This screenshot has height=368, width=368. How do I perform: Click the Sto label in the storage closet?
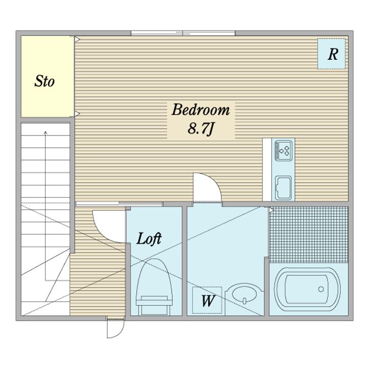tap(44, 81)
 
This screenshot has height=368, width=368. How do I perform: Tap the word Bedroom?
tap(201, 109)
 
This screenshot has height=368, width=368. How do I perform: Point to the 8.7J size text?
tap(201, 129)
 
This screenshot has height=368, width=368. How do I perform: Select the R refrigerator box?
tap(331, 54)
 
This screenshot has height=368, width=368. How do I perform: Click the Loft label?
tap(149, 239)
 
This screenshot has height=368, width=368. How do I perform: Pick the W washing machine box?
tap(207, 300)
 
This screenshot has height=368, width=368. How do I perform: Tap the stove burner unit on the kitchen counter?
tap(284, 150)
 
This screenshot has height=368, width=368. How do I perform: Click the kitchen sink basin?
tap(283, 188)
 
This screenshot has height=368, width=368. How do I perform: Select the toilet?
tap(154, 287)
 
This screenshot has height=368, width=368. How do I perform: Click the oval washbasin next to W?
tap(244, 293)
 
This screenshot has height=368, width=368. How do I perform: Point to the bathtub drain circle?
tap(321, 289)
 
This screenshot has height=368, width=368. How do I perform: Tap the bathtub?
tap(307, 289)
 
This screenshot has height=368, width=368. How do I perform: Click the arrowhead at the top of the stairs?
tap(46, 133)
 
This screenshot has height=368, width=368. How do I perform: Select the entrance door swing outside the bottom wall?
tap(115, 329)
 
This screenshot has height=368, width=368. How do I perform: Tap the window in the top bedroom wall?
tap(183, 33)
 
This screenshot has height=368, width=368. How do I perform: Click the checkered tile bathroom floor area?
tap(308, 235)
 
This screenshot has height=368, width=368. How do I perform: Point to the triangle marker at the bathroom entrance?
tap(271, 210)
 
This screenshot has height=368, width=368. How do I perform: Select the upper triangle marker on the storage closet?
tap(77, 39)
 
